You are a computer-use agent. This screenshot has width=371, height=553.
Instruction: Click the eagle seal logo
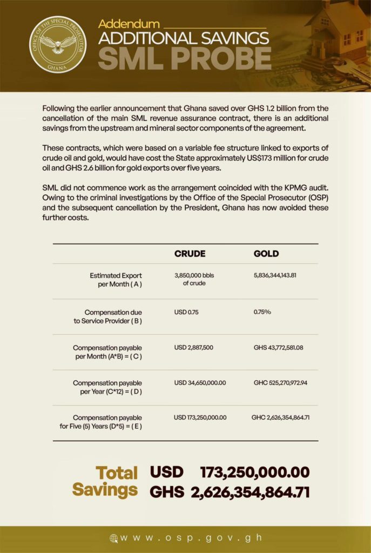57,44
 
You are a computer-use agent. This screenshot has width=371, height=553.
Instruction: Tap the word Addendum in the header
129,24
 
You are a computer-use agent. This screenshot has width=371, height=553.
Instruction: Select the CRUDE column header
190,254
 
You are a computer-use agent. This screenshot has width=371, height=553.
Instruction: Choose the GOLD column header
266,254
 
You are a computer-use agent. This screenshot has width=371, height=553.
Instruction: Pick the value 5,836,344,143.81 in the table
275,275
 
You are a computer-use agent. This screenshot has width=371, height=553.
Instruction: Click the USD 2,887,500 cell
194,347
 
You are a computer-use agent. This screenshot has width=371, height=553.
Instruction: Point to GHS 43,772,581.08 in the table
278,347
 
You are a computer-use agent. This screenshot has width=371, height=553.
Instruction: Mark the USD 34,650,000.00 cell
200,382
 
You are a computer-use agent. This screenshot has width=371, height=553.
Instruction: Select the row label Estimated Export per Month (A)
116,280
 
